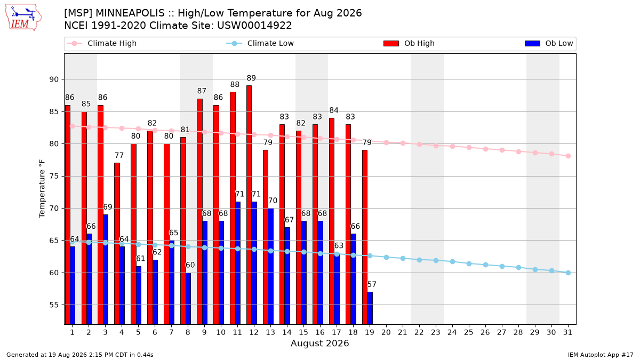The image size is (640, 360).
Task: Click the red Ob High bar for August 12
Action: pyautogui.click(x=249, y=205)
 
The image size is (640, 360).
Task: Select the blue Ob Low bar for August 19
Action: pyautogui.click(x=370, y=308)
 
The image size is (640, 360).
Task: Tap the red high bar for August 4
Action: pyautogui.click(x=117, y=243)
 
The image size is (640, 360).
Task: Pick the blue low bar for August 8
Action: pyautogui.click(x=188, y=298)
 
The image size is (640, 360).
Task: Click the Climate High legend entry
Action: pyautogui.click(x=101, y=43)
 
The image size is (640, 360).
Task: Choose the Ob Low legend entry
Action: pyautogui.click(x=549, y=43)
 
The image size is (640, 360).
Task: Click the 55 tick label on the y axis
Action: pyautogui.click(x=54, y=305)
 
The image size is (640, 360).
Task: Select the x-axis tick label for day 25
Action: pyautogui.click(x=469, y=332)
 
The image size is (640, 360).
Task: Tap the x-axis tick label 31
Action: pyautogui.click(x=567, y=332)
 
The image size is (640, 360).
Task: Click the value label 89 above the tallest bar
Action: pyautogui.click(x=251, y=78)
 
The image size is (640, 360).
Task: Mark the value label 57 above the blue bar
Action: pyautogui.click(x=372, y=284)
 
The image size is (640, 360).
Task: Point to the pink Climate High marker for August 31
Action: pyautogui.click(x=569, y=156)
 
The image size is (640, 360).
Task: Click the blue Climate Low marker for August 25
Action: pyautogui.click(x=469, y=263)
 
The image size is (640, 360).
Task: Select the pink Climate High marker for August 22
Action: pyautogui.click(x=419, y=145)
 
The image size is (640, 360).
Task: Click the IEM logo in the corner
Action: pyautogui.click(x=23, y=18)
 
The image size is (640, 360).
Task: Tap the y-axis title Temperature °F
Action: pyautogui.click(x=42, y=189)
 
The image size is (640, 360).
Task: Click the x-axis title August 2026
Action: pyautogui.click(x=319, y=343)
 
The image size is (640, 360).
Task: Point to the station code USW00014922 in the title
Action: pyautogui.click(x=254, y=26)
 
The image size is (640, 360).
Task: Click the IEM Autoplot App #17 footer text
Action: pyautogui.click(x=601, y=355)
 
